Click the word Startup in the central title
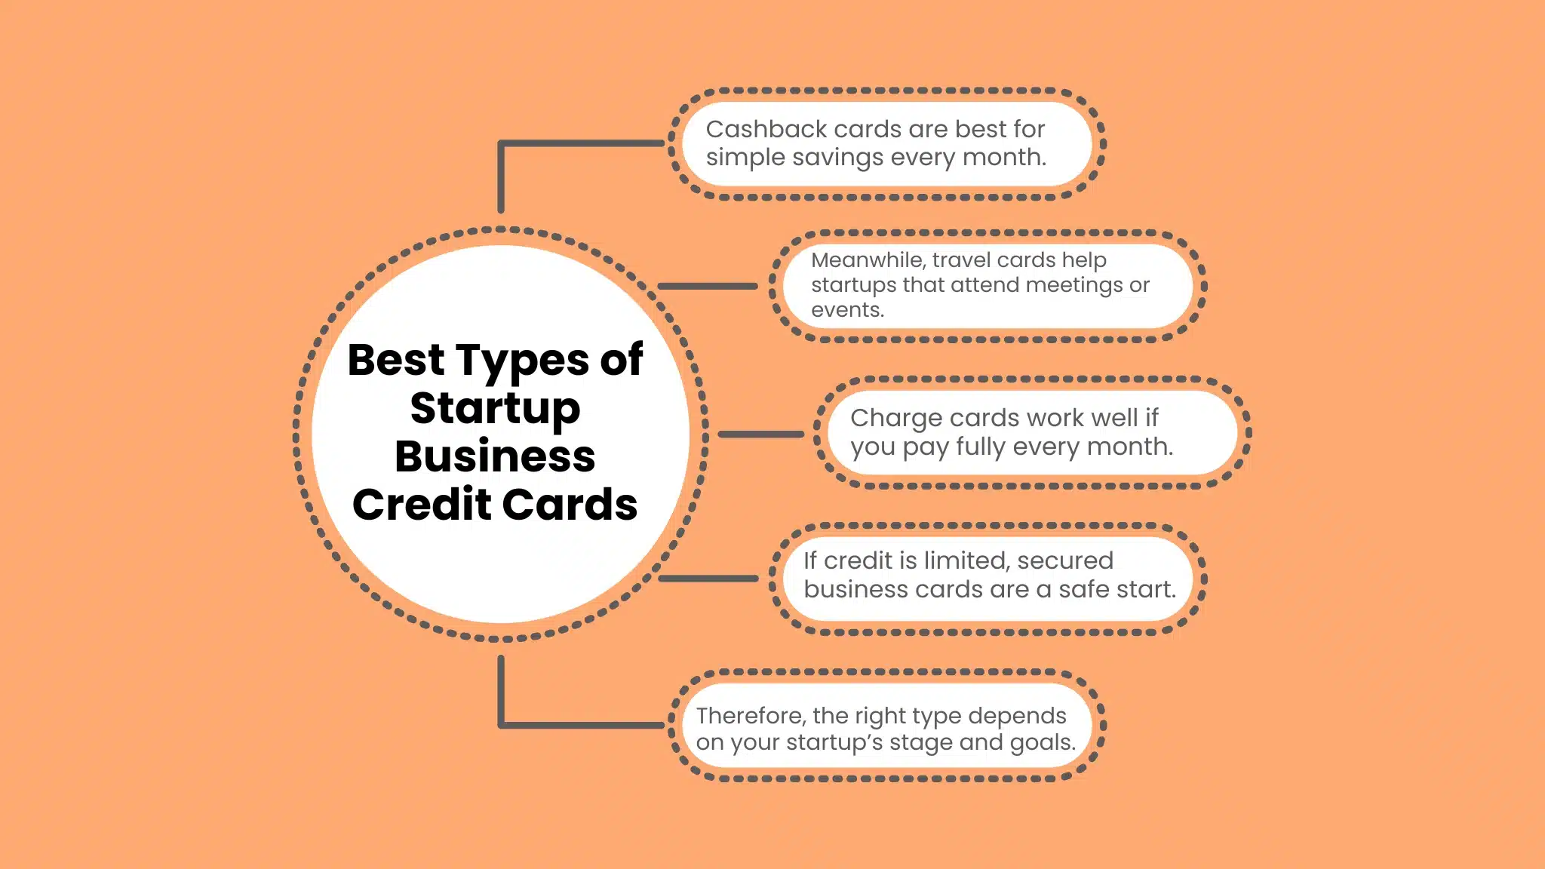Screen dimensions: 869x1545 (495, 409)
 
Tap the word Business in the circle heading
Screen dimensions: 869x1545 (495, 456)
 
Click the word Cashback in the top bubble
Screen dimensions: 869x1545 (766, 129)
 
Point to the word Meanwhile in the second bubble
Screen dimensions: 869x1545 (868, 259)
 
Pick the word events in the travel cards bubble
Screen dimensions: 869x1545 (846, 310)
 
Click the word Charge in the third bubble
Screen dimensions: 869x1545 (896, 418)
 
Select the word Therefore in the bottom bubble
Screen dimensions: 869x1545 (751, 715)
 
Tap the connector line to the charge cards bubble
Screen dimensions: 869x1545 (760, 434)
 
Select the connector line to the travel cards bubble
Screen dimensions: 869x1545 (707, 287)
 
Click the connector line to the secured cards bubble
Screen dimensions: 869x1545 (708, 579)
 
